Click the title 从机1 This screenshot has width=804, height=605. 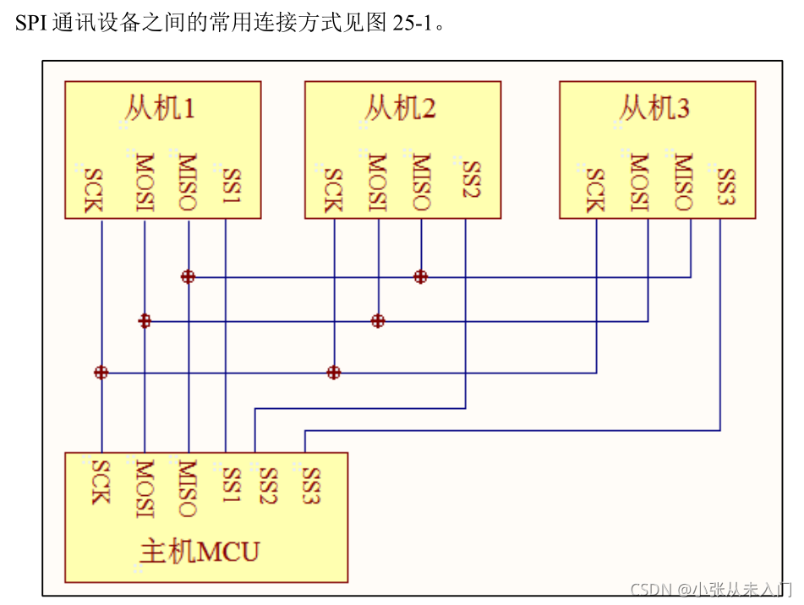point(161,108)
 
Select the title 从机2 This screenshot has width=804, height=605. point(401,108)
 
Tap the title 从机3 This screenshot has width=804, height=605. point(655,108)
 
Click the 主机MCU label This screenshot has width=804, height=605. point(200,552)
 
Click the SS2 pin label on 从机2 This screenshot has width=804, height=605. point(471,179)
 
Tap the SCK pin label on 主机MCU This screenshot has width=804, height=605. point(101,481)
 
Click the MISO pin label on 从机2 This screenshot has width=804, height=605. point(421,181)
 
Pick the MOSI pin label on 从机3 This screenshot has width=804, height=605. point(640,181)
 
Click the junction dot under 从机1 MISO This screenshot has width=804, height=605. point(188,276)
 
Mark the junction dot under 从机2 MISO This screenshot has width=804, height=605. point(420,276)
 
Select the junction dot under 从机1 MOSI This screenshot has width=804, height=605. point(145,321)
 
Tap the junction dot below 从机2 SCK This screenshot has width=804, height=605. point(334,372)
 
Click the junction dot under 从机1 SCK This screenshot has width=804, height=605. point(101,372)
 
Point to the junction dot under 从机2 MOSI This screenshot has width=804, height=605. point(378,321)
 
